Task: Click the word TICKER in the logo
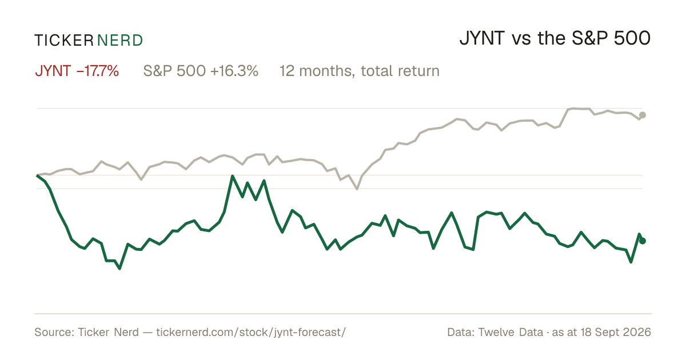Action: (x=64, y=41)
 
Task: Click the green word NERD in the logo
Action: (x=119, y=41)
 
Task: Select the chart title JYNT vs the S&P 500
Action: (x=555, y=38)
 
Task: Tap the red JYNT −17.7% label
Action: (x=77, y=71)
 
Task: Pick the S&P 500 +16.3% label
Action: (x=201, y=71)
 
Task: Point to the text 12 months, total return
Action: (x=360, y=71)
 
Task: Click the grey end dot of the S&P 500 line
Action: (x=643, y=115)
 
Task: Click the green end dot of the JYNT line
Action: (x=643, y=241)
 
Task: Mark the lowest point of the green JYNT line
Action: (x=119, y=269)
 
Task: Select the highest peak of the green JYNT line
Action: (x=233, y=176)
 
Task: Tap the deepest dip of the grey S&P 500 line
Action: (x=357, y=189)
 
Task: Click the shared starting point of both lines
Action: (x=37, y=175)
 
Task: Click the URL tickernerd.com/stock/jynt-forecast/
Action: (x=251, y=332)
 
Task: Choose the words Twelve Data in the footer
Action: (x=510, y=332)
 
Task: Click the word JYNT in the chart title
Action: (x=482, y=38)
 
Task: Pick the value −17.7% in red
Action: (x=98, y=71)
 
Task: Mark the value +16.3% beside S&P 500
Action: (x=234, y=71)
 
